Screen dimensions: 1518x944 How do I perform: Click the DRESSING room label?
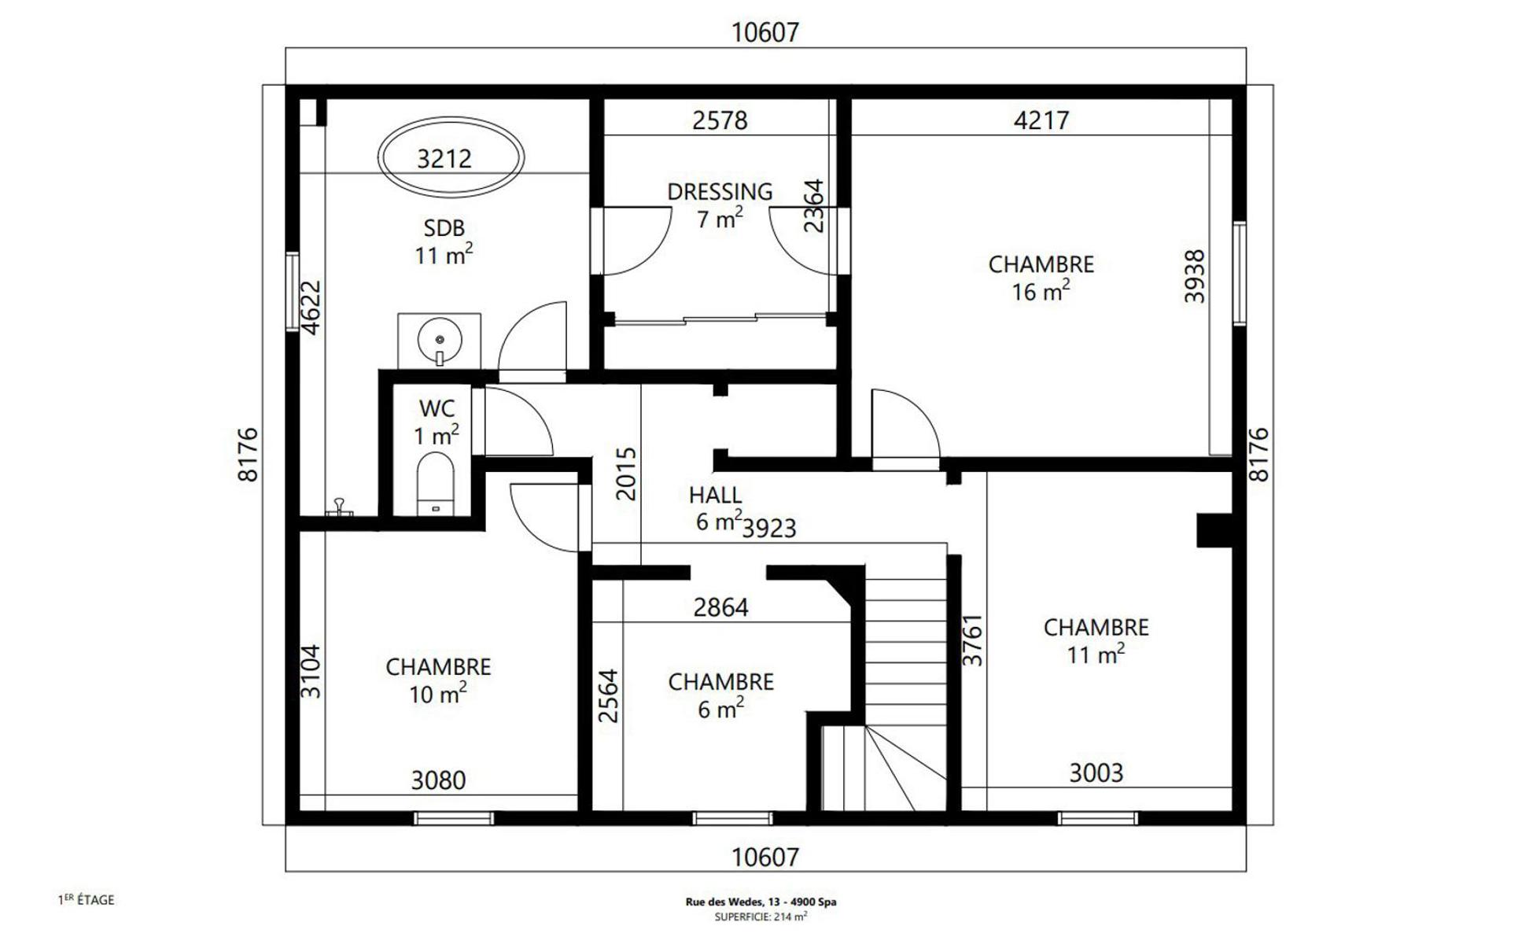pos(720,191)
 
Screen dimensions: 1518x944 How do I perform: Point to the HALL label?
pos(715,495)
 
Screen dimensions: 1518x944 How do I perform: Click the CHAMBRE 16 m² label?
pos(1041,278)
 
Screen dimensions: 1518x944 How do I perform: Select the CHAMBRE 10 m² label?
pos(438,680)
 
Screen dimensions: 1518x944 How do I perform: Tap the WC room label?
pos(437,408)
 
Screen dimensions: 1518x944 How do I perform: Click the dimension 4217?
pos(1041,120)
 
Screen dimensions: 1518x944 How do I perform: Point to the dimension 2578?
pos(720,120)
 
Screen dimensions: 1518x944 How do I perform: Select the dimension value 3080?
pos(438,780)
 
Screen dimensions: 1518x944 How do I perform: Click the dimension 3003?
pos(1096,773)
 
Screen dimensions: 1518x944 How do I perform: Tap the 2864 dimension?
pos(720,607)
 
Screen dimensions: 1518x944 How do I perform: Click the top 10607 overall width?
pos(765,32)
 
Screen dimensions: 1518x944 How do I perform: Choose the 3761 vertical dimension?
pos(973,640)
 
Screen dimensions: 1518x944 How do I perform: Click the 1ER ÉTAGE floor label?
pos(87,899)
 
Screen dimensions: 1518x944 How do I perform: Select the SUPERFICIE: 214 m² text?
pos(761,916)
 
